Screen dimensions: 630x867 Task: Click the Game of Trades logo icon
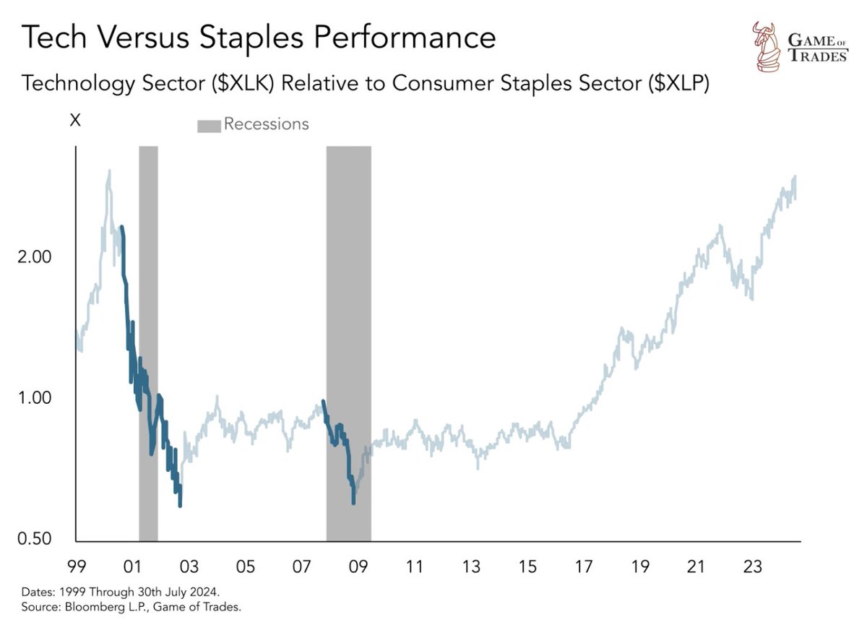coord(766,47)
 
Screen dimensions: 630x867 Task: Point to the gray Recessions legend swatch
coord(208,126)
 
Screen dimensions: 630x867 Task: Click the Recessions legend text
coord(266,124)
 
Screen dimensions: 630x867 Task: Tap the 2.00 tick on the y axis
coord(34,257)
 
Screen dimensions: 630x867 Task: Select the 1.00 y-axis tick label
coord(34,398)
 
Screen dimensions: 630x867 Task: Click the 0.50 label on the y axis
coord(34,539)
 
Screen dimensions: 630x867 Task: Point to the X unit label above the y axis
coord(74,121)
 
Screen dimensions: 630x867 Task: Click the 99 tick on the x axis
coord(77,567)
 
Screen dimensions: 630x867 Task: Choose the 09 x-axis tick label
coord(358,567)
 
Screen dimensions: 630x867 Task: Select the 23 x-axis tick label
coord(753,567)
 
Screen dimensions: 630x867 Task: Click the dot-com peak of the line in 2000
coord(109,171)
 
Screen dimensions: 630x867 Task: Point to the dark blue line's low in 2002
coord(180,505)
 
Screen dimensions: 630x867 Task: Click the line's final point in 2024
coord(795,177)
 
